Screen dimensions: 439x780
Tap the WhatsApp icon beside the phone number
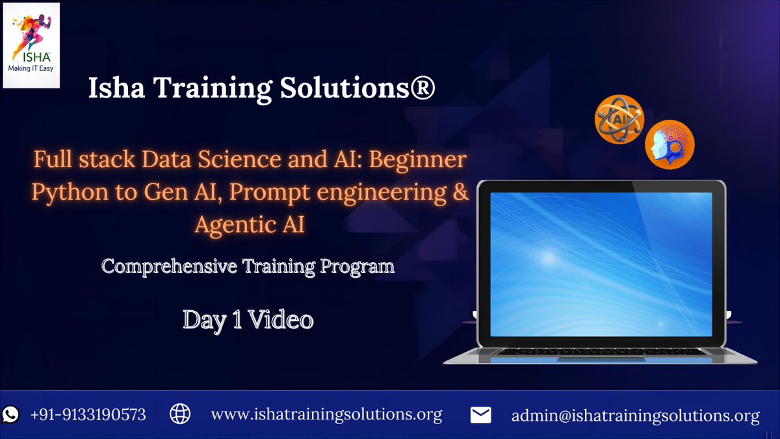11,414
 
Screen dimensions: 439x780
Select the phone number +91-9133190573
88,414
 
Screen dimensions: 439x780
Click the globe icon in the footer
179,414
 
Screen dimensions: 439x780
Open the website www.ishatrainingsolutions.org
327,414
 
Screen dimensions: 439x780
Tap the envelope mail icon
480,415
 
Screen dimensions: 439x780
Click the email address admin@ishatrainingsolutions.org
636,415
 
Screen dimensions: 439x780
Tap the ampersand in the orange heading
460,193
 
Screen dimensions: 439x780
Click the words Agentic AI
250,225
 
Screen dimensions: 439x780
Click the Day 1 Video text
248,319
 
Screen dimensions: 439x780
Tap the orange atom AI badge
619,119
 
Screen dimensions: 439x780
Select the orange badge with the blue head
669,144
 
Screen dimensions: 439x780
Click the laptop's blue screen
601,264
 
